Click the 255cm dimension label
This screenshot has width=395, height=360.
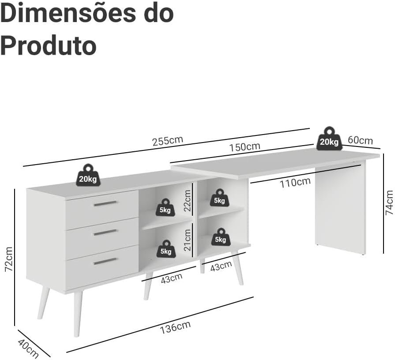pos(168,141)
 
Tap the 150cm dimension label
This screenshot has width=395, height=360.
pos(245,147)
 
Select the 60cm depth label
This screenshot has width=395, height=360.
pos(360,140)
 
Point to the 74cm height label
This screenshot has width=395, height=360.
pos(389,202)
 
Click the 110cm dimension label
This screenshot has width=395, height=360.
pos(295,183)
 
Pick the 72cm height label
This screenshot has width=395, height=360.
pos(9,259)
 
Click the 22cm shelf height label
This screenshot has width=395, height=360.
pos(187,201)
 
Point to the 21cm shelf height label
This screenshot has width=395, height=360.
pos(187,240)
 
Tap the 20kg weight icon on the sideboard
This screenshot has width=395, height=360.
pos(88,176)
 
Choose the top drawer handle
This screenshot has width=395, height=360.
pos(105,203)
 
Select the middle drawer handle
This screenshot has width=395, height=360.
pos(105,232)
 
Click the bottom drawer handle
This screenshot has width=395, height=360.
pos(105,261)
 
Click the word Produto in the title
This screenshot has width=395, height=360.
pos(49,46)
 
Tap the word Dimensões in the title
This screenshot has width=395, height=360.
pos(67,13)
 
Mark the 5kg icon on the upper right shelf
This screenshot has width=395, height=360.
pos(219,198)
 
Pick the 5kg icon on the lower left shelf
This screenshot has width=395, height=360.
pos(166,249)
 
